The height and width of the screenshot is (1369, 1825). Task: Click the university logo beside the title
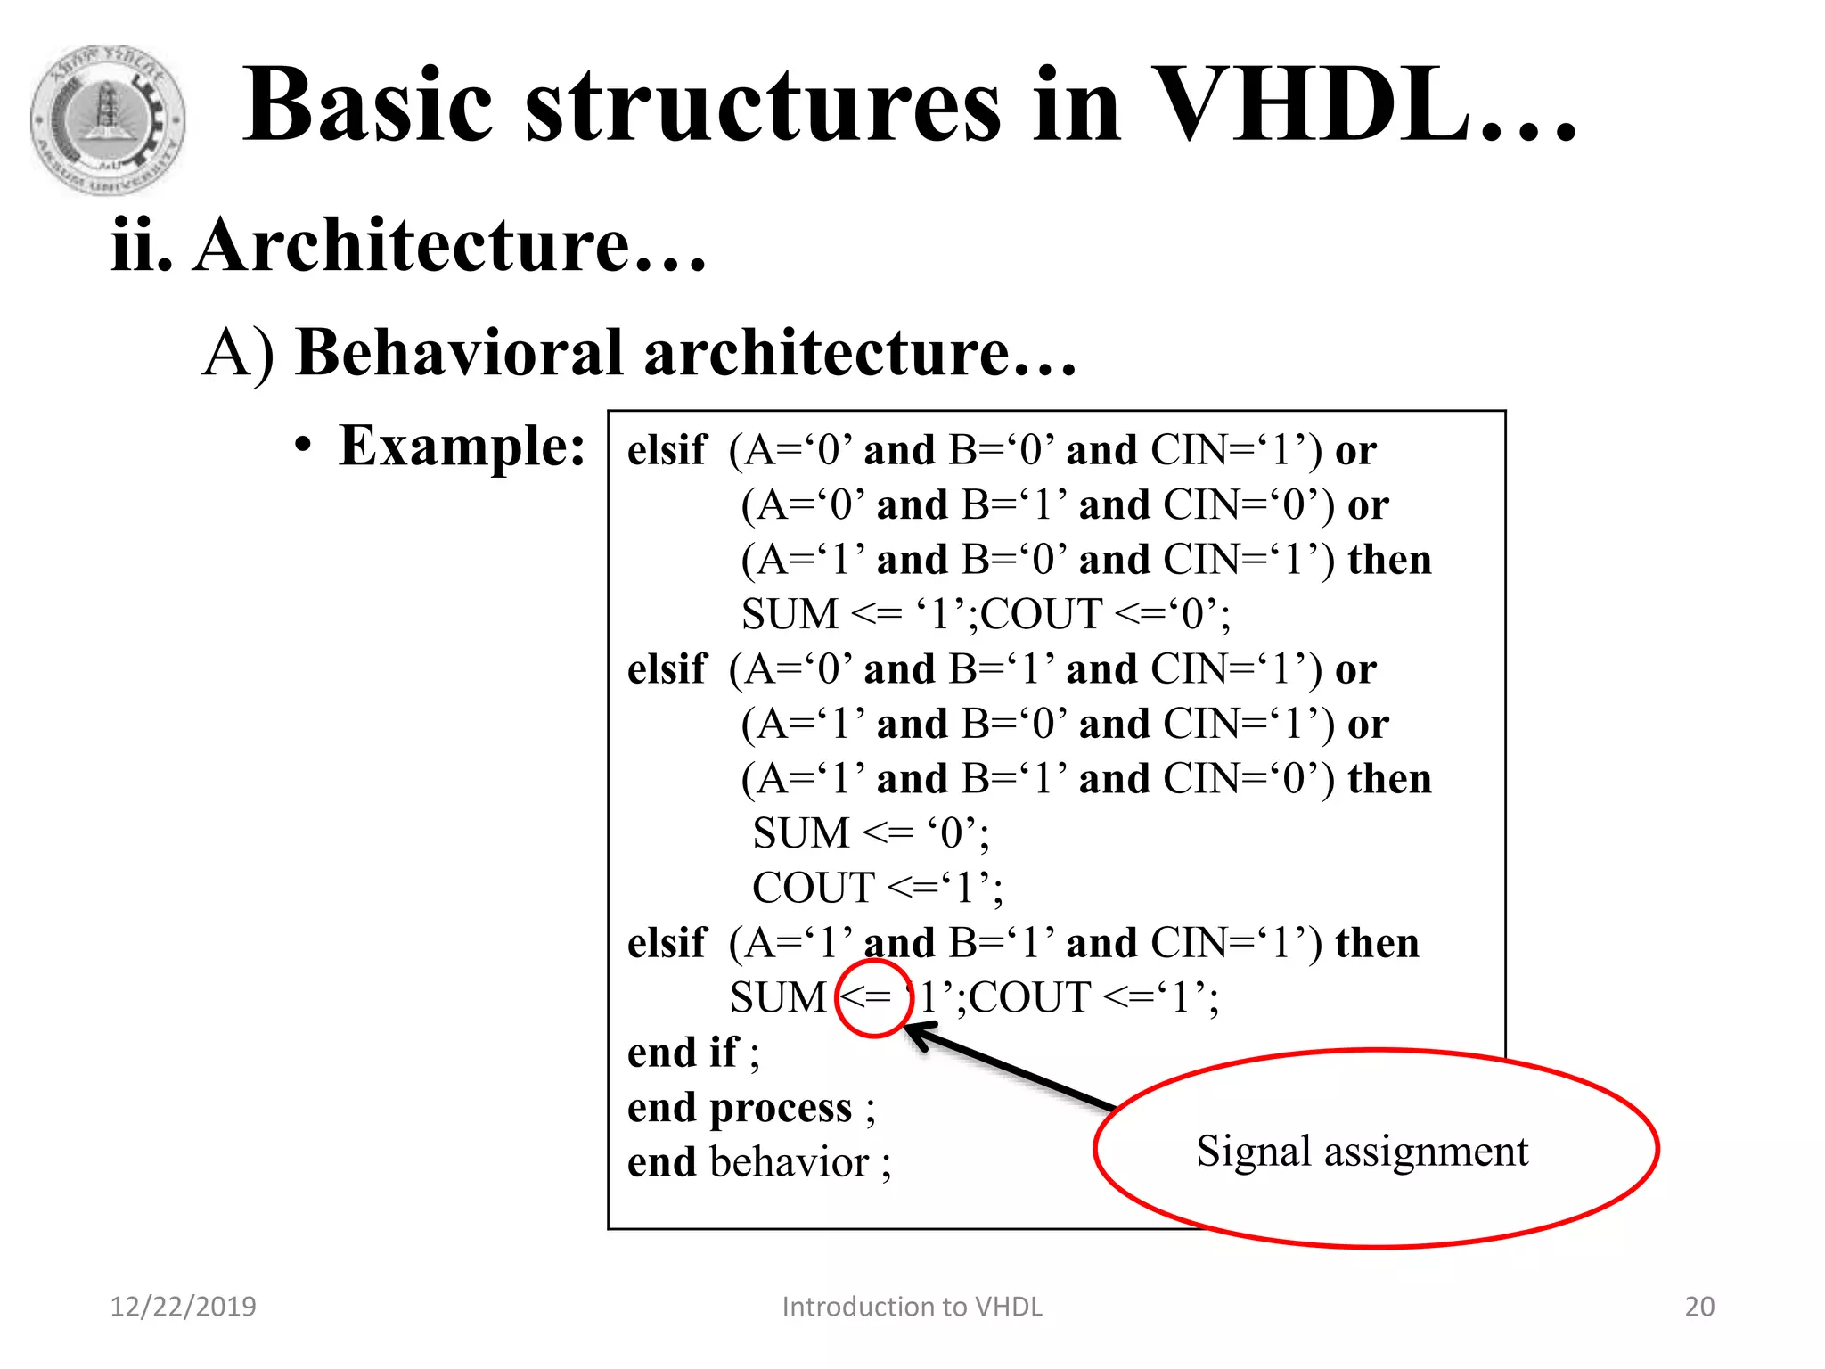(108, 120)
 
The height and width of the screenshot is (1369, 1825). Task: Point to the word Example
(461, 446)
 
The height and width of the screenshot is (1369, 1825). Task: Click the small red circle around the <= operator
(873, 999)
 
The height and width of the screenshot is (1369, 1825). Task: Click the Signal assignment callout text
(1362, 1151)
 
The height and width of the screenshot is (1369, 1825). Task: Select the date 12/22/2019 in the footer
(183, 1307)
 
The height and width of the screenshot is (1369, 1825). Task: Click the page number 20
(1699, 1307)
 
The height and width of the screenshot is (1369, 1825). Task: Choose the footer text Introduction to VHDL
(912, 1307)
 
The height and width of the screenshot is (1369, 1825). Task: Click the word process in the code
(781, 1108)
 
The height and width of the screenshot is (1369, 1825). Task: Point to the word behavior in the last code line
(789, 1163)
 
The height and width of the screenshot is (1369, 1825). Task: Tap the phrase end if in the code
(683, 1053)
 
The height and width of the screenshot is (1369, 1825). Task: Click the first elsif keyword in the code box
(667, 450)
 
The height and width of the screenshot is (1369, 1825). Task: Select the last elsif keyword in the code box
(667, 943)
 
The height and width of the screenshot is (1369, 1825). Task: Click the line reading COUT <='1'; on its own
(877, 888)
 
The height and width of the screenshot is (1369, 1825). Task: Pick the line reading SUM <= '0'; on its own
(870, 833)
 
